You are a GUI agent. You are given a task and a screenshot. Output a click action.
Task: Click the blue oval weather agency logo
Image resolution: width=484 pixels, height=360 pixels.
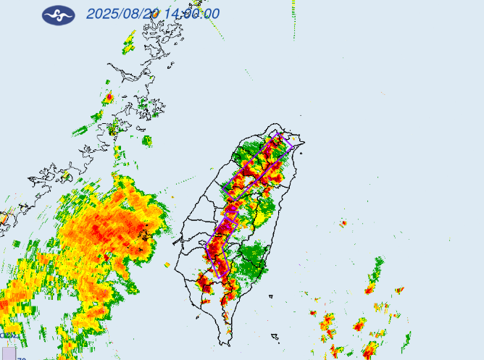58,14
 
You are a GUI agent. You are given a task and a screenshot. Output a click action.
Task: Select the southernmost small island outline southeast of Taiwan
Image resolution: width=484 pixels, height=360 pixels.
275,336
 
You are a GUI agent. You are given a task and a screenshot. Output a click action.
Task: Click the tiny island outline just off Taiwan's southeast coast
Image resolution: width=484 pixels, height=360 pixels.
270,296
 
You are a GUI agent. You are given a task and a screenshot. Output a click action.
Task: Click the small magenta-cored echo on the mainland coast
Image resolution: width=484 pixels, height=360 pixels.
109,97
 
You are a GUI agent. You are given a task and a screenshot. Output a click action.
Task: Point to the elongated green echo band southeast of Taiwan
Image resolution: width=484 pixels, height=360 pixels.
375,271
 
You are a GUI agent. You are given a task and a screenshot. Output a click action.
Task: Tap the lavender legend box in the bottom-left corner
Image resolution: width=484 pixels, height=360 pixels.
8,353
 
